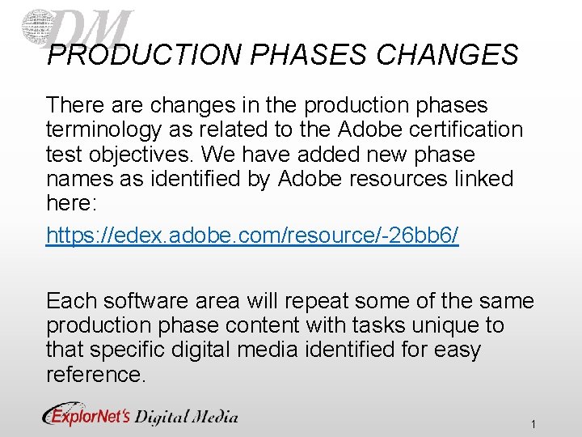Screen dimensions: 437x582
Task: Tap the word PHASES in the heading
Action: (x=311, y=54)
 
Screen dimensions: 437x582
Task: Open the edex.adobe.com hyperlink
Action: (x=252, y=235)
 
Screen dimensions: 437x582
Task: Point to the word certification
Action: (x=464, y=129)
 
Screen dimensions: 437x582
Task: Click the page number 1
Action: (x=534, y=424)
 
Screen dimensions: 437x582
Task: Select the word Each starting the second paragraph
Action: (x=70, y=301)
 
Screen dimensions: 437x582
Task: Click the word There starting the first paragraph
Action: (x=75, y=105)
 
